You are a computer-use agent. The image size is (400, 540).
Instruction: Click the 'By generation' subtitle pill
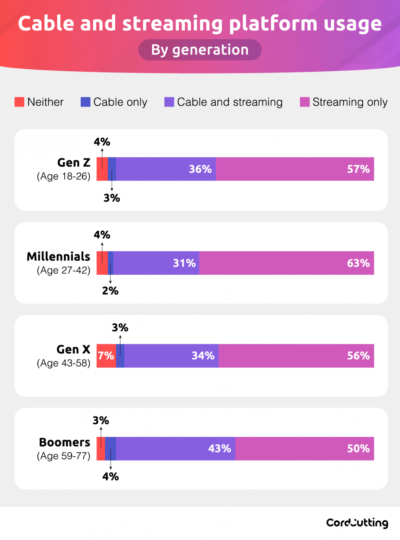tap(200, 50)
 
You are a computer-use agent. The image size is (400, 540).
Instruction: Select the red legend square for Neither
tap(19, 102)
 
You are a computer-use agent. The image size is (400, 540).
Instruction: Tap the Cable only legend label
tap(120, 102)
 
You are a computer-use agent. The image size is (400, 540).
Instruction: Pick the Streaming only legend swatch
tap(304, 102)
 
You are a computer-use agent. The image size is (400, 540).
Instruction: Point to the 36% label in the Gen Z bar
tap(200, 169)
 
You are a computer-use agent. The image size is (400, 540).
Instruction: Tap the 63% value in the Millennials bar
tap(358, 263)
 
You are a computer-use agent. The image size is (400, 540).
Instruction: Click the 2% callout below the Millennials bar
tap(110, 291)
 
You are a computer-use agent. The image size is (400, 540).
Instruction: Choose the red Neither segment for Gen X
tap(106, 356)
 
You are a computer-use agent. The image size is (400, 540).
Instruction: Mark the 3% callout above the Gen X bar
tap(120, 328)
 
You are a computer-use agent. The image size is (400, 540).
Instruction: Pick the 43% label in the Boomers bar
tap(220, 449)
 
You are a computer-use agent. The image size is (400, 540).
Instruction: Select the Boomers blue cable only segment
tap(110, 449)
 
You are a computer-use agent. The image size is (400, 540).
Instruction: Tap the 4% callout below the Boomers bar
tap(110, 477)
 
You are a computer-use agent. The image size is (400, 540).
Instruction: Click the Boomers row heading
tap(64, 442)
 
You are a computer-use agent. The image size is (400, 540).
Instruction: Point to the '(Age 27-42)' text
tap(64, 270)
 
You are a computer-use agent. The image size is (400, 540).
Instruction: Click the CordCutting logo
tap(357, 523)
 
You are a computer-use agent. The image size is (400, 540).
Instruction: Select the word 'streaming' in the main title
tap(172, 24)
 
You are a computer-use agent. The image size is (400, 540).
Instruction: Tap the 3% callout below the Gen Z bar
tap(112, 198)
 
